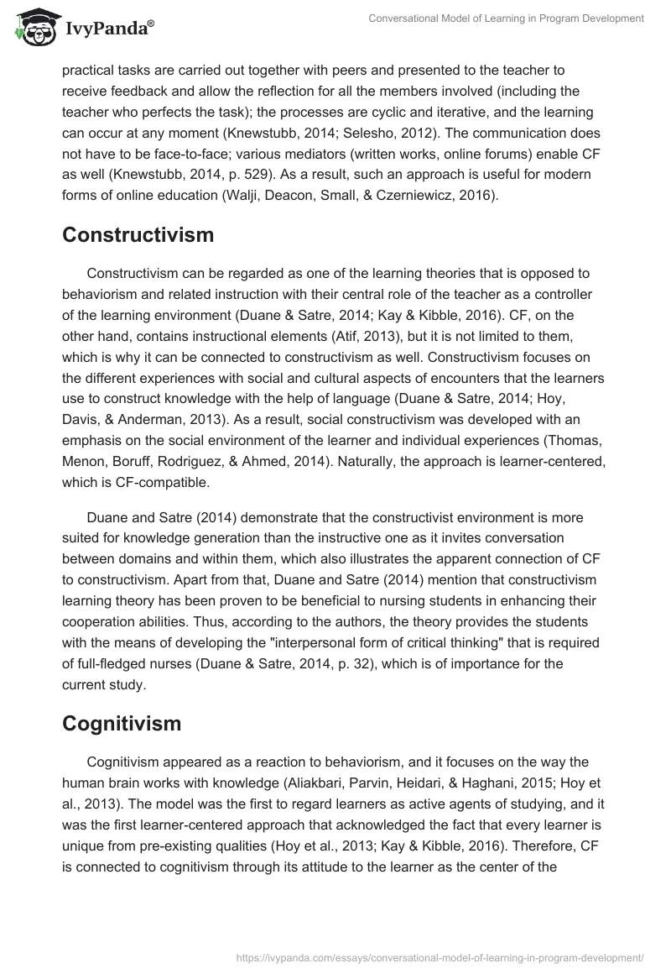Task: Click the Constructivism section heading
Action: pos(138,235)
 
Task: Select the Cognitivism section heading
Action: pos(122,722)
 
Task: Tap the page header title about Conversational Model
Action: pos(506,18)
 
